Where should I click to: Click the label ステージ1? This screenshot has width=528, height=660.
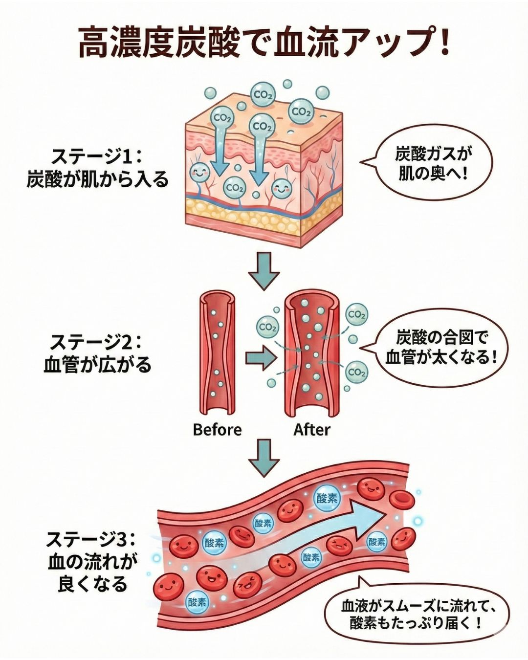point(96,157)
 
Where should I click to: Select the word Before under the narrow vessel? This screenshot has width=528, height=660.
point(217,430)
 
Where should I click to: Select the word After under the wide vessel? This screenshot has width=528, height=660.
point(312,430)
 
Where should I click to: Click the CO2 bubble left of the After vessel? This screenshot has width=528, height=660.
point(268,326)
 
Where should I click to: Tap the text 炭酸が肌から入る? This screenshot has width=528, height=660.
point(97,179)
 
